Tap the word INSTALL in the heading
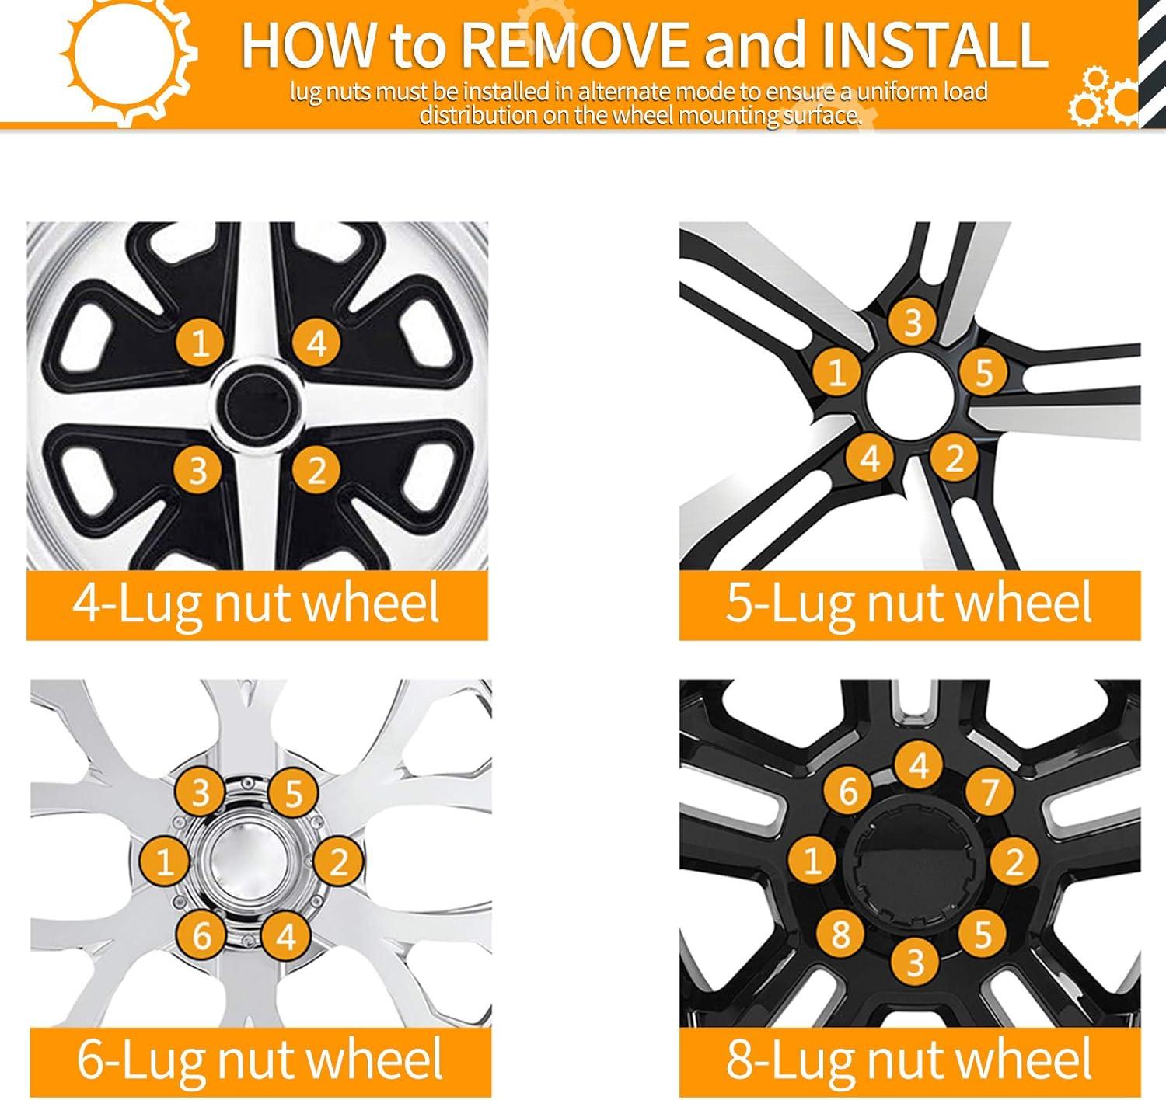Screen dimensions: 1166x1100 (934, 45)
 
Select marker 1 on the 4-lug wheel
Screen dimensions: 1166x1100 (201, 343)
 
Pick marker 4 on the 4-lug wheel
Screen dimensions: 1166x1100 (316, 343)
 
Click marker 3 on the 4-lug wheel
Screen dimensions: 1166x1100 (198, 470)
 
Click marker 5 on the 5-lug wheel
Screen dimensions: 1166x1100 (984, 371)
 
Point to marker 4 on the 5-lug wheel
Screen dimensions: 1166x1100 (870, 458)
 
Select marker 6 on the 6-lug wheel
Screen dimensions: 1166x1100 (201, 935)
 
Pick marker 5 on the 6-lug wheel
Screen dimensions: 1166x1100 (294, 793)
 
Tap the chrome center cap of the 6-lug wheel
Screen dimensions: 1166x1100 (249, 863)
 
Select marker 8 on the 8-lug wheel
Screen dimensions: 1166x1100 (841, 933)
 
